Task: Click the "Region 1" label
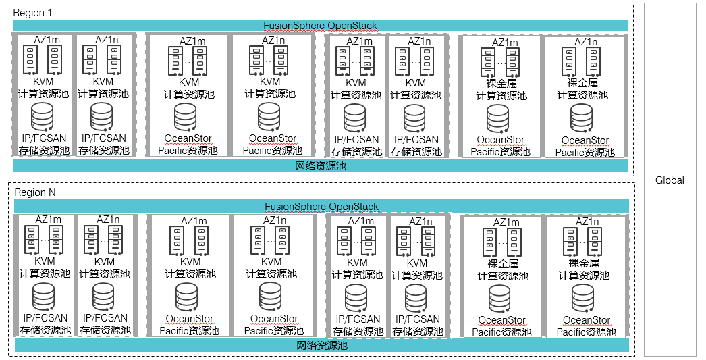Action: pos(32,13)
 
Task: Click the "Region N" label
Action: pos(34,192)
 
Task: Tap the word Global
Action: pos(670,180)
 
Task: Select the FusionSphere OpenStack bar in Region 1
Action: pos(320,26)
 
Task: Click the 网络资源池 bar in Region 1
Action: pos(321,165)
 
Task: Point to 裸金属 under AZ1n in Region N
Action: pos(584,263)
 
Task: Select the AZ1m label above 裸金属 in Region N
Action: pos(506,222)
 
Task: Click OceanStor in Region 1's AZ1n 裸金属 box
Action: pos(585,140)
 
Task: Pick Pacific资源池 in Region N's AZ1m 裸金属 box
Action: pos(502,332)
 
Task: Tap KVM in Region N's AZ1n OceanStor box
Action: pos(271,262)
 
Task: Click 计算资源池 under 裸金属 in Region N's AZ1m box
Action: pos(502,276)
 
